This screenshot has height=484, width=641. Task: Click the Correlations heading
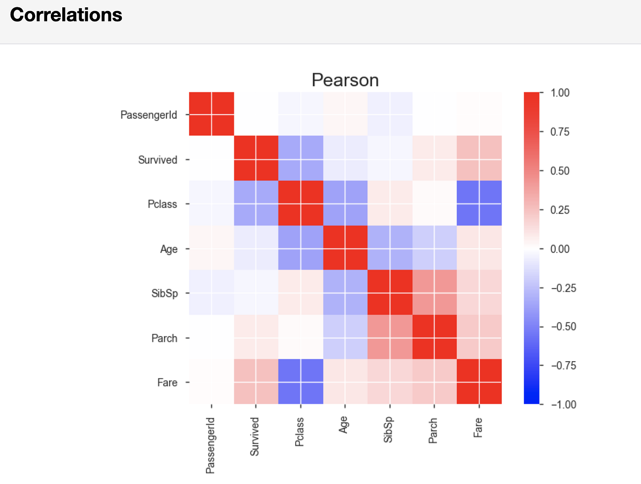[66, 15]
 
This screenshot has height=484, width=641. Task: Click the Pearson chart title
[345, 80]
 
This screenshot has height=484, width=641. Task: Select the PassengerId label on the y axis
[148, 115]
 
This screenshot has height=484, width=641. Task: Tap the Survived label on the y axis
[158, 159]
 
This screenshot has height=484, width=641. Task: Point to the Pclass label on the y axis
[162, 204]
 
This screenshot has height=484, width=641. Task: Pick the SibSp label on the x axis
[388, 429]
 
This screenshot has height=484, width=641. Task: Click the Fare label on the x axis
[478, 427]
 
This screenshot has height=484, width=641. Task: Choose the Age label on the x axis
[343, 424]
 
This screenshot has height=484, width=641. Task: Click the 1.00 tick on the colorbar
[560, 93]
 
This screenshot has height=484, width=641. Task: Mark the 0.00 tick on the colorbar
[560, 249]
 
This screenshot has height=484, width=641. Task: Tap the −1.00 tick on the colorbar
[563, 404]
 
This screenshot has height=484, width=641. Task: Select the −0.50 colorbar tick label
[563, 326]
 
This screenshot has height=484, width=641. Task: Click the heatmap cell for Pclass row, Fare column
[479, 203]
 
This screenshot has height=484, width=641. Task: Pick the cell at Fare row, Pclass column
[301, 381]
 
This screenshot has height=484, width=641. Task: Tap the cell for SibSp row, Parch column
[435, 292]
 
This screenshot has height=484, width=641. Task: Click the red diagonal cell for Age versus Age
[345, 248]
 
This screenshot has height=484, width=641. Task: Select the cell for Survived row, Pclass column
[301, 159]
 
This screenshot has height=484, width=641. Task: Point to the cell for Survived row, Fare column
[479, 159]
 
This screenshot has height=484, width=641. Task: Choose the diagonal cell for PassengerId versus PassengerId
[212, 114]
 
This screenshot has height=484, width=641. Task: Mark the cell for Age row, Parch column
[435, 248]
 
